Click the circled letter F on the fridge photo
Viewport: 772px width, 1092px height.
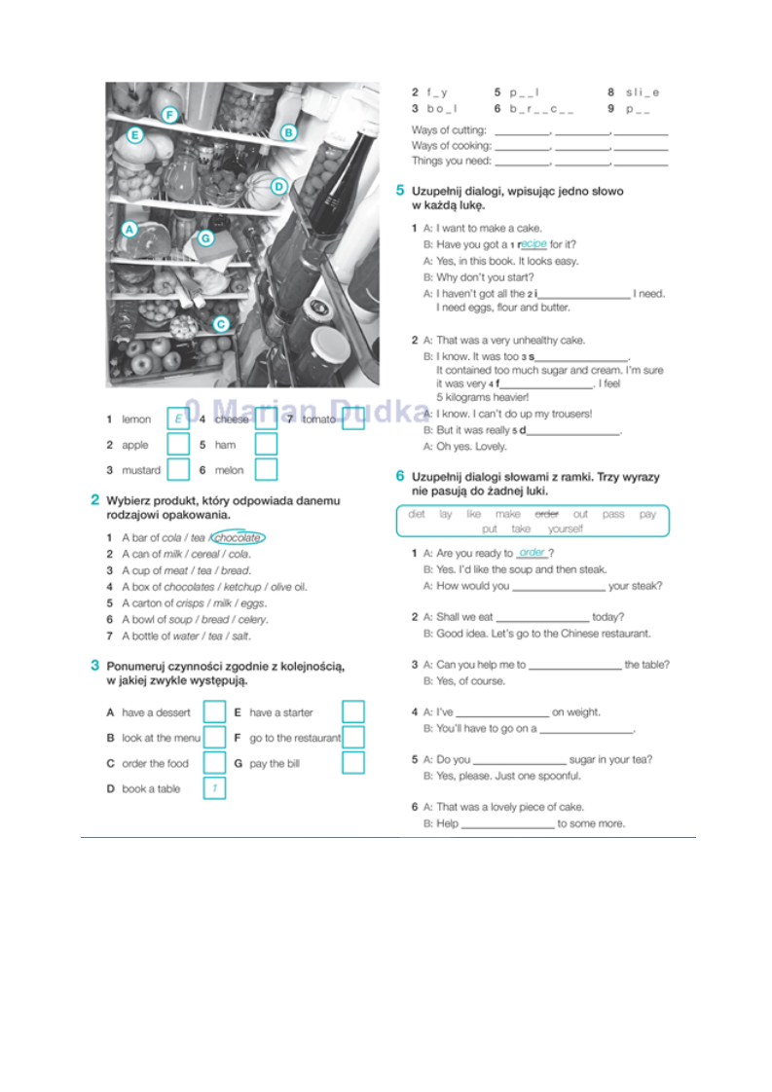pos(169,116)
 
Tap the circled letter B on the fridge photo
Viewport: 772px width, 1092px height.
pos(288,132)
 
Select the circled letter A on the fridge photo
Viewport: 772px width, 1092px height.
pos(129,230)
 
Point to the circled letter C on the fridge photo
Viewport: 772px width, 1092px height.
pos(221,324)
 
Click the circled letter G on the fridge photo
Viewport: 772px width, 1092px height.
pos(205,237)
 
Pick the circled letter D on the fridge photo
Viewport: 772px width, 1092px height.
pos(278,186)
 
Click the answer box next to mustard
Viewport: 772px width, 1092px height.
pos(178,469)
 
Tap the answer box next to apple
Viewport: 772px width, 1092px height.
pos(178,445)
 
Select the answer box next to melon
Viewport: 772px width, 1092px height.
pos(266,469)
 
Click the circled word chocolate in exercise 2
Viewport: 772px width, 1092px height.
pos(239,537)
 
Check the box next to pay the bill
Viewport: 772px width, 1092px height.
pos(353,762)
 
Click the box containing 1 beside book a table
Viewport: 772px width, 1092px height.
pos(214,788)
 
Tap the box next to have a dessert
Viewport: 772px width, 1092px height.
pos(214,712)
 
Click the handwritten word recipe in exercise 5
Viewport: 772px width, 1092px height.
pos(533,244)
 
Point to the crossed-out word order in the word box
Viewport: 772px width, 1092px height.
pos(547,514)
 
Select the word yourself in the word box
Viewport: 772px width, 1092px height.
pos(565,528)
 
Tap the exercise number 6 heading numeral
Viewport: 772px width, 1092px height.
pos(399,476)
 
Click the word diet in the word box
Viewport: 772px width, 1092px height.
pos(417,514)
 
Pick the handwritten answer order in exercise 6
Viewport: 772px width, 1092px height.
pos(532,553)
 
